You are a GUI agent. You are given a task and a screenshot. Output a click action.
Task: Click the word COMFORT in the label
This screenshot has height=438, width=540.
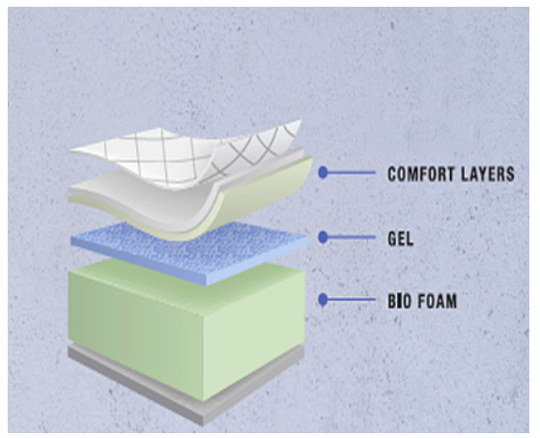[414, 174]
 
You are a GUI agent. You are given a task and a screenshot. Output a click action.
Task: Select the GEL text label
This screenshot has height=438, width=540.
[401, 238]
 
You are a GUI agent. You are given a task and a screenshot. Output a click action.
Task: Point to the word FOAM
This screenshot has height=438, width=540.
[438, 301]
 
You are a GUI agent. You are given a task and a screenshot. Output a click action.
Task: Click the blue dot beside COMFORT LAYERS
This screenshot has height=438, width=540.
[323, 173]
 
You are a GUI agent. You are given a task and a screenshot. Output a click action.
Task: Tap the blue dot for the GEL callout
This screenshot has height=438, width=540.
[323, 237]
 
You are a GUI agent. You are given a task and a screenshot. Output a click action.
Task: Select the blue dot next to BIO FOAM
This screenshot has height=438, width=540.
[323, 300]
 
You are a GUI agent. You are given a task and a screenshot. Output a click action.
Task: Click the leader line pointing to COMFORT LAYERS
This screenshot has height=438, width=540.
[352, 173]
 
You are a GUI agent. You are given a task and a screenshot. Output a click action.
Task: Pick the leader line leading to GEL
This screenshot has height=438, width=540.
[352, 237]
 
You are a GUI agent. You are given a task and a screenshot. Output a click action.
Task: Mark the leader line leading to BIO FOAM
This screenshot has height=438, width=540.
[352, 300]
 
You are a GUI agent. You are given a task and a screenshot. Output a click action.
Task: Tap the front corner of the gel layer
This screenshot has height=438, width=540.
[207, 285]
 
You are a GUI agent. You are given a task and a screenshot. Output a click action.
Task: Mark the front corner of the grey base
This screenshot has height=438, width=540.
[204, 424]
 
